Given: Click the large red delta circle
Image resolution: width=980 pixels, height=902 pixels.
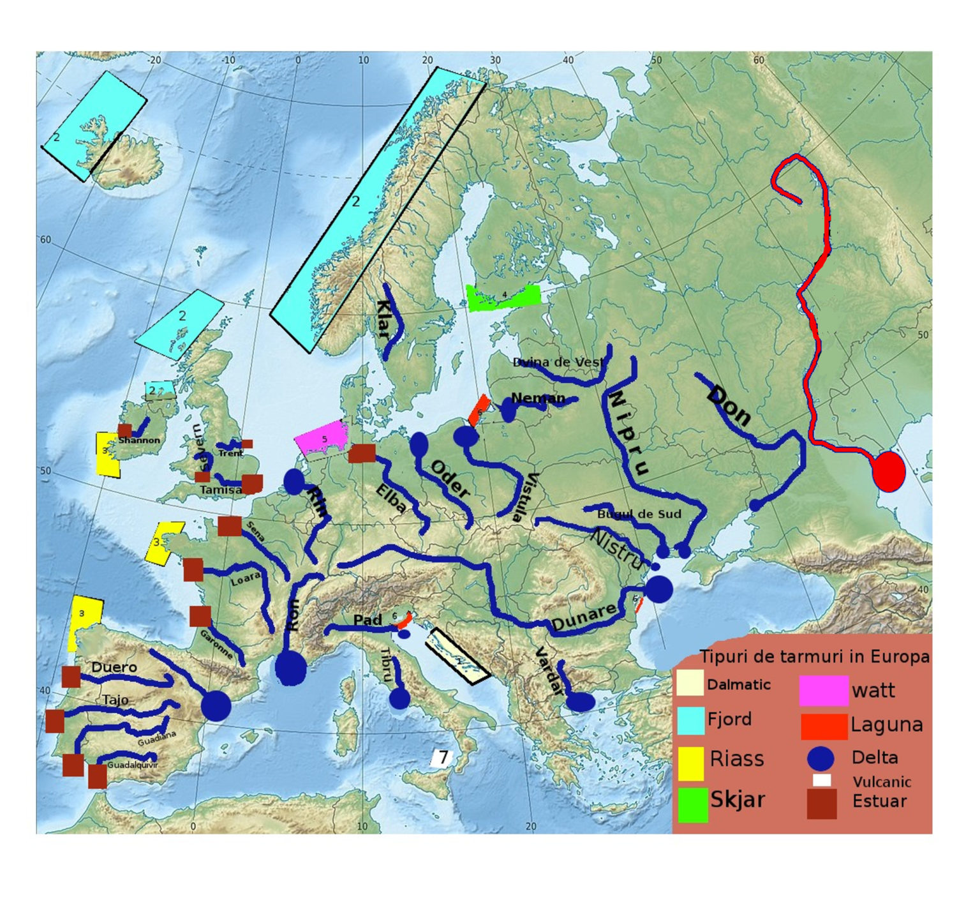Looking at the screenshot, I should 889,471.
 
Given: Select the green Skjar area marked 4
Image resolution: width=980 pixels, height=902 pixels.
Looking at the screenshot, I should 503,297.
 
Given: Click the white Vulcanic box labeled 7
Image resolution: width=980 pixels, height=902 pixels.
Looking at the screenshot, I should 442,758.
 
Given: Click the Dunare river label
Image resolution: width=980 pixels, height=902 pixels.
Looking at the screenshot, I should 584,616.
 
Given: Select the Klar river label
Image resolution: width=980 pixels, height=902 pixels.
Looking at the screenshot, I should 383,319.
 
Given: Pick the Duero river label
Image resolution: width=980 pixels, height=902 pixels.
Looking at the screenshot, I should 114,667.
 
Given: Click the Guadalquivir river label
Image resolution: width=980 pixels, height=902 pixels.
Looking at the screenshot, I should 132,765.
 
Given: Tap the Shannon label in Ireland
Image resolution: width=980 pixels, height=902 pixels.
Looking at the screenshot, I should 139,440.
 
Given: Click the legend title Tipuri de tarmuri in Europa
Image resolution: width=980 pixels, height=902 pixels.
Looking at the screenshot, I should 814,656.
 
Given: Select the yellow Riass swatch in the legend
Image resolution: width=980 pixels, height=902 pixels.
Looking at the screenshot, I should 691,763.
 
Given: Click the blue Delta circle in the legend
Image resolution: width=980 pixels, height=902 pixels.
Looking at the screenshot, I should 820,758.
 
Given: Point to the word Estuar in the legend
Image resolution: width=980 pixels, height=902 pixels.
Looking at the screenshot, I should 879,801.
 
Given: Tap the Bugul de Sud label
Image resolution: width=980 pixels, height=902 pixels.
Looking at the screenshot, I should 639,514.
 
